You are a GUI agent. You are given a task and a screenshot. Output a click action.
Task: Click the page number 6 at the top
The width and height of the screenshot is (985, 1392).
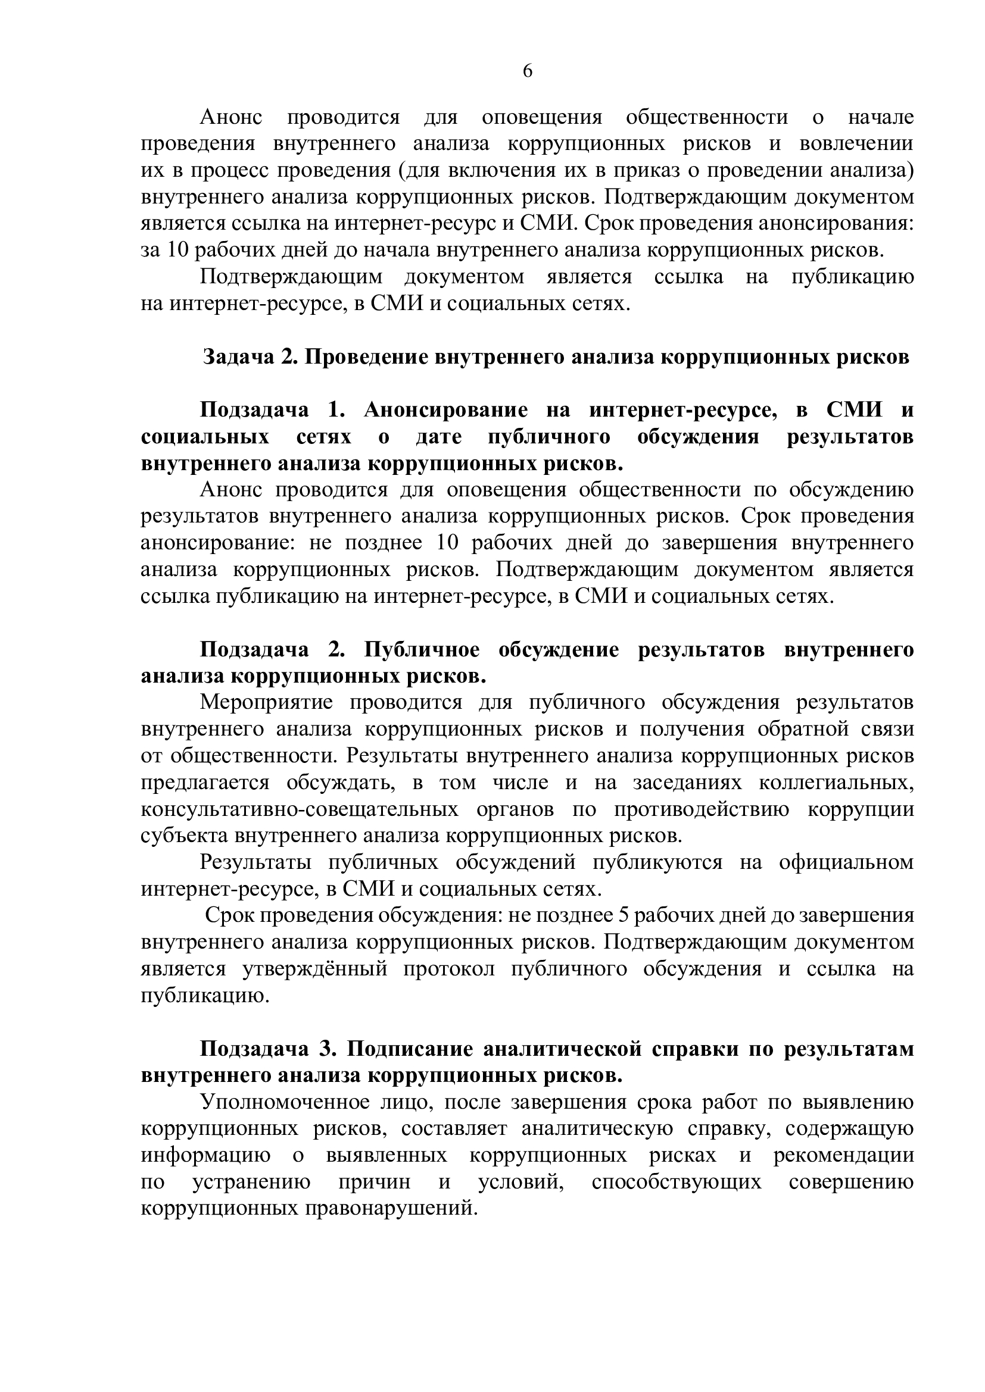point(527,71)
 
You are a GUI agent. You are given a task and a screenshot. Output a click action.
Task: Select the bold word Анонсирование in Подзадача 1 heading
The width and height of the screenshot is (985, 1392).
point(446,411)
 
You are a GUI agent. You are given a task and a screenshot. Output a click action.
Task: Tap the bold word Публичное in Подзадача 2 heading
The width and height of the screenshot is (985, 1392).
point(422,649)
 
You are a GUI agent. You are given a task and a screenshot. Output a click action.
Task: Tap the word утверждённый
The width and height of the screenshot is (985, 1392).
point(314,968)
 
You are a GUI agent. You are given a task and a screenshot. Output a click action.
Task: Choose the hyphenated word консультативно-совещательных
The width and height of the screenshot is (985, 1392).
point(299,809)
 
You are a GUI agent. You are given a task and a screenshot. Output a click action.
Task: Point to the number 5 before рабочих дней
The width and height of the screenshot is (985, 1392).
point(622,915)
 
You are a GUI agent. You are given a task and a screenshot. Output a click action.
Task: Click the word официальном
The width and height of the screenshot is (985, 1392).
point(846,862)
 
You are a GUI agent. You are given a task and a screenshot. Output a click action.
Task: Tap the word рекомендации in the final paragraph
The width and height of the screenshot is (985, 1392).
point(844,1155)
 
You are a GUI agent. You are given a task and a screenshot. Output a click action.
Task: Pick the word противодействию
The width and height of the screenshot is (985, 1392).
point(702,809)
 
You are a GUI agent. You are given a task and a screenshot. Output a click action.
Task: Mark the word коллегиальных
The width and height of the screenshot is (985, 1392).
point(836,783)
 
